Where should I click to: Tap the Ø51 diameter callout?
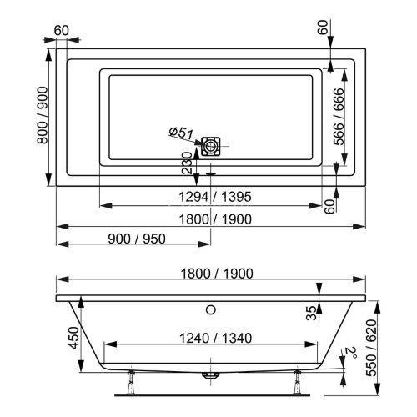tap(181, 133)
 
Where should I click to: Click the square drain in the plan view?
tap(213, 146)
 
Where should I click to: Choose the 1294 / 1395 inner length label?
tap(210, 197)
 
